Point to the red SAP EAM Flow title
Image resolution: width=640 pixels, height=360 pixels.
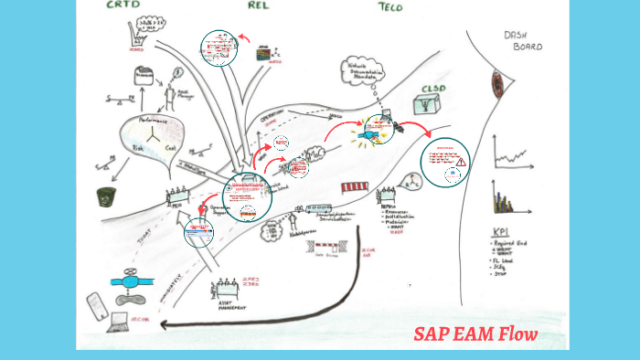[475, 334]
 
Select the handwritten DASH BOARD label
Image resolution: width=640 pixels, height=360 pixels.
[523, 40]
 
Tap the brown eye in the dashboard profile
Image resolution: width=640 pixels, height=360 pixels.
[498, 85]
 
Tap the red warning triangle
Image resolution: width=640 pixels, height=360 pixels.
[462, 162]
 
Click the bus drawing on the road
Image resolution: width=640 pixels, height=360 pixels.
[355, 188]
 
